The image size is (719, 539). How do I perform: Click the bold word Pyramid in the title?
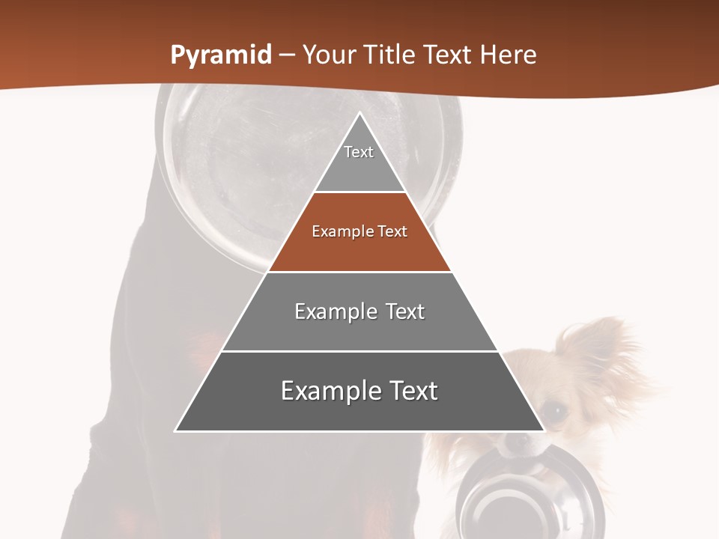(220, 55)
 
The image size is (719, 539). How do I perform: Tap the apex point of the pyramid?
(359, 114)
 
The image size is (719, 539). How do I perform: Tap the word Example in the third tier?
(327, 311)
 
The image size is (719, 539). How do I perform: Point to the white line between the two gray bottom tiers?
(359, 351)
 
